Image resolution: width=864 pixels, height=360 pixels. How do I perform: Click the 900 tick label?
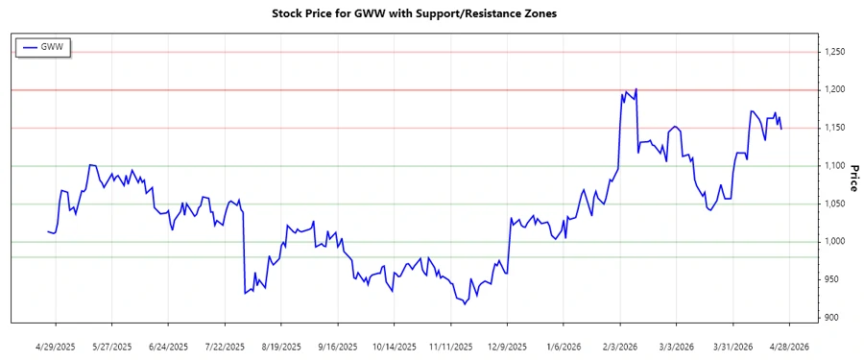(x=834, y=318)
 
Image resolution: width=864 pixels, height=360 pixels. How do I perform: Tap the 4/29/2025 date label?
(x=55, y=345)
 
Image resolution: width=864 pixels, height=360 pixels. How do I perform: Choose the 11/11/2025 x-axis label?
(x=450, y=345)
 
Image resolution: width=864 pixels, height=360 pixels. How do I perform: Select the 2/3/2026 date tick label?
(x=620, y=345)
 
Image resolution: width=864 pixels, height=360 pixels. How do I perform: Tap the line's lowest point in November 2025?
(x=465, y=304)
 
